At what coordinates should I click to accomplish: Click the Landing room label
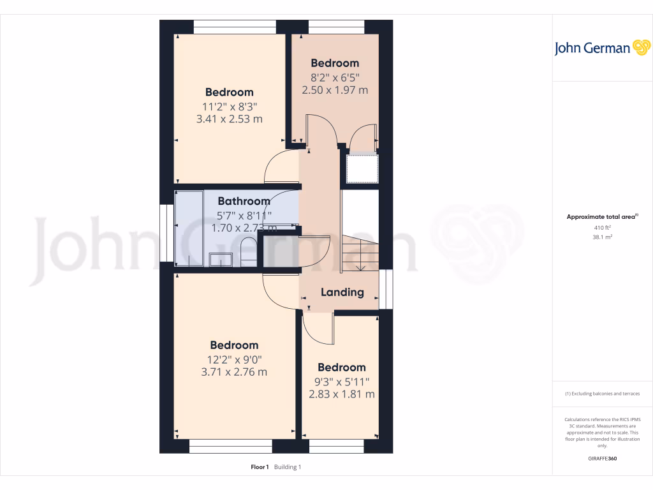click(x=342, y=292)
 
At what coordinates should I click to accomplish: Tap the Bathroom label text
click(x=244, y=201)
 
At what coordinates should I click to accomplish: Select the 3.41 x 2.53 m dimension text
click(x=229, y=119)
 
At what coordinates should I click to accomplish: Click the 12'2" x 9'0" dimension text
click(x=234, y=359)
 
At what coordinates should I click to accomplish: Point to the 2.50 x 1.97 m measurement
click(x=335, y=90)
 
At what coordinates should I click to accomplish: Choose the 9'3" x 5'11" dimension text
click(x=341, y=381)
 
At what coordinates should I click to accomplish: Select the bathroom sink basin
click(x=222, y=259)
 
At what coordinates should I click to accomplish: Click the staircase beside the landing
click(x=360, y=252)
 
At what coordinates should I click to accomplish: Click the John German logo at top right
click(x=601, y=48)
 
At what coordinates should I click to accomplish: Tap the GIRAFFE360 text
click(x=602, y=459)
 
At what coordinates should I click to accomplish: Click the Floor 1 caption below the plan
click(x=260, y=467)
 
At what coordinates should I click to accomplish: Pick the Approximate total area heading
click(x=601, y=217)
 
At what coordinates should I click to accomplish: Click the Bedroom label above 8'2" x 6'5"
click(x=335, y=63)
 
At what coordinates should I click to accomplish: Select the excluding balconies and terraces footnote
click(x=602, y=394)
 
